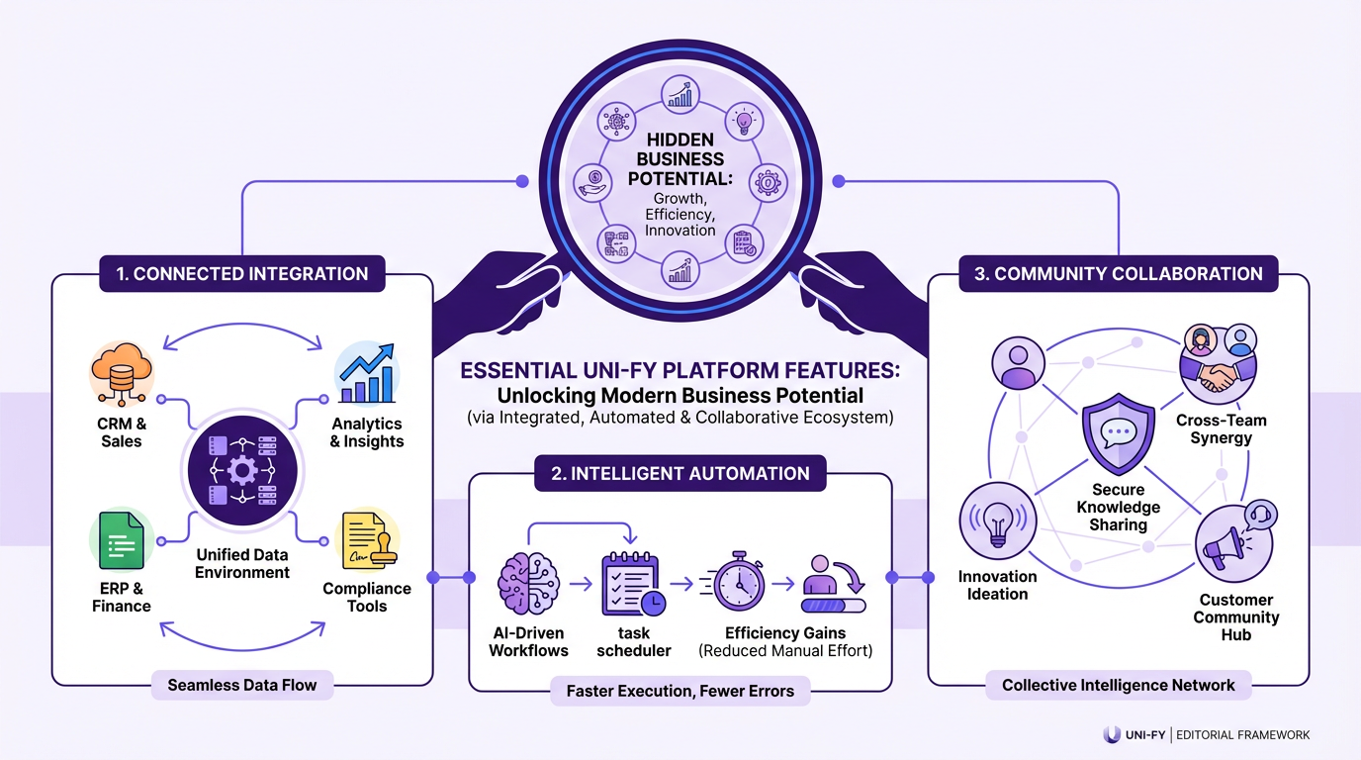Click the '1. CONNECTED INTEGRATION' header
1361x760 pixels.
242,274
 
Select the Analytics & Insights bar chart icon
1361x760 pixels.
365,375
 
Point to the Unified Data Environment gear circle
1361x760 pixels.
242,470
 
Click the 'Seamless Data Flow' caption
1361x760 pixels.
242,684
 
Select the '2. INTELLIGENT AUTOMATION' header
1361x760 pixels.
680,474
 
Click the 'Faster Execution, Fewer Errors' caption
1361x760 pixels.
680,691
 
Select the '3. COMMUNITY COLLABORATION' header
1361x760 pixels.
1118,274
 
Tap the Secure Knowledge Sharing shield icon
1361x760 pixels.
1118,434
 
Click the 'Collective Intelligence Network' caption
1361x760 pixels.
1118,685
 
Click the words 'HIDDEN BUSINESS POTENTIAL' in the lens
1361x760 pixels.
680,158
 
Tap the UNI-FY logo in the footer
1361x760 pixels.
1135,734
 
